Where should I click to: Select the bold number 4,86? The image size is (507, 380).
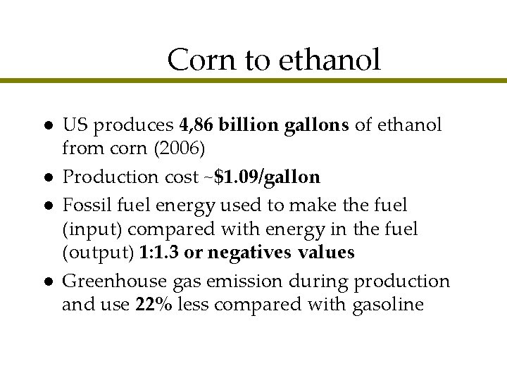196,125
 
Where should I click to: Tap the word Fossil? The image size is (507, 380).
84,205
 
